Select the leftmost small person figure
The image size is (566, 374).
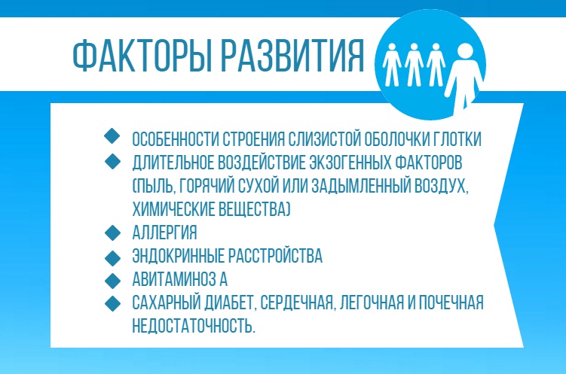pyautogui.click(x=390, y=65)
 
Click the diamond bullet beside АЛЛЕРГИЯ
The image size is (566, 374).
pyautogui.click(x=113, y=231)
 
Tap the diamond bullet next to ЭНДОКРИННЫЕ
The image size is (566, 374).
pyautogui.click(x=113, y=256)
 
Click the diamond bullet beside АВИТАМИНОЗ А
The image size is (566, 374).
pyautogui.click(x=113, y=279)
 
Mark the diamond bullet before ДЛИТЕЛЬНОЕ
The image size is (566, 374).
pyautogui.click(x=113, y=160)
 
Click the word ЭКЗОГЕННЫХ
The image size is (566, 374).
pyautogui.click(x=350, y=162)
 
